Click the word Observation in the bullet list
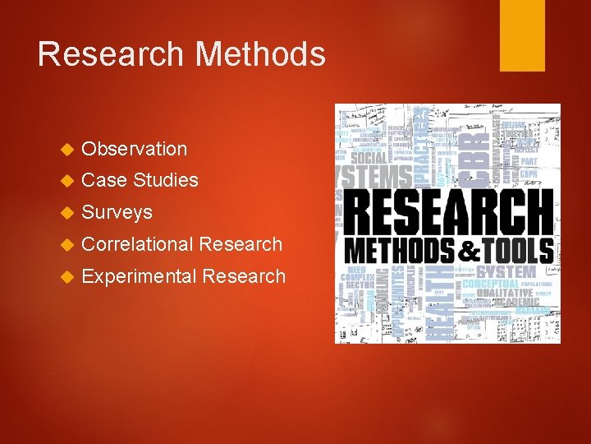[135, 149]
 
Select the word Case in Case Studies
[104, 180]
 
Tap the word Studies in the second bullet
[166, 180]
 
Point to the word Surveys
[117, 212]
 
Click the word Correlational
[138, 244]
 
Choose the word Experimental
[139, 276]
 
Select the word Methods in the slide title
[259, 54]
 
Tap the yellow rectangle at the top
[522, 35]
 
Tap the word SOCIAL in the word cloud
[372, 157]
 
